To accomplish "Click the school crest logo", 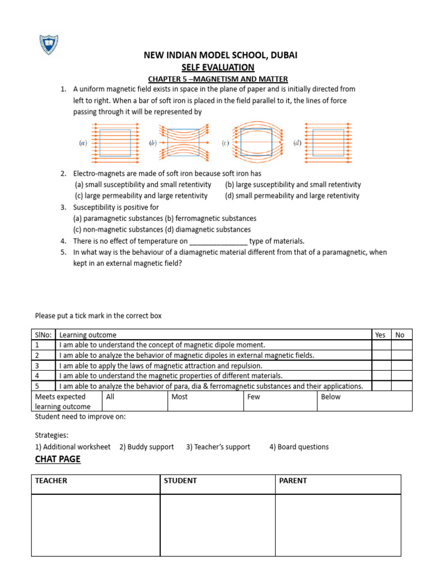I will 48,45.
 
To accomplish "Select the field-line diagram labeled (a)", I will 115,143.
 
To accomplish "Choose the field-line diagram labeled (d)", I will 328,143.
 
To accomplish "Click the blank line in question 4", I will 218,241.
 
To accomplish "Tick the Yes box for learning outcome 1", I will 382,345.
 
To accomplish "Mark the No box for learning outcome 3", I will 402,365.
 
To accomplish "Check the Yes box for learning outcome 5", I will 382,386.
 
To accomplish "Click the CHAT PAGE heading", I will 58,459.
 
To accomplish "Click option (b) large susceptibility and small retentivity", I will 293,185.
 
